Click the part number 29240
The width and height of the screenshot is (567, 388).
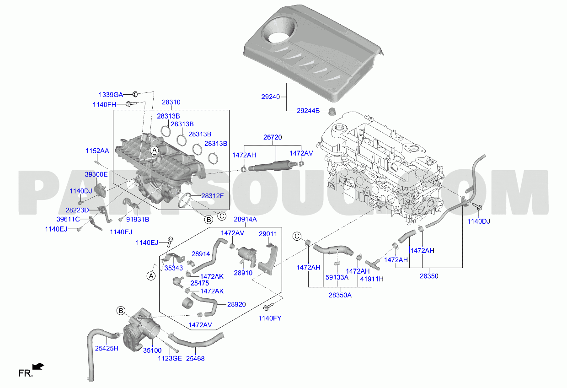coord(270,97)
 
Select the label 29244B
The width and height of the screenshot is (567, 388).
coord(308,111)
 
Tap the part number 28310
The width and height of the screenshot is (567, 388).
coord(171,102)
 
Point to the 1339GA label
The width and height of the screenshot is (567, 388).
coord(111,95)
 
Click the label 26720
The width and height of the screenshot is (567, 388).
coord(273,137)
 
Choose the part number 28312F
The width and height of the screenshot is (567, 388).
coord(212,196)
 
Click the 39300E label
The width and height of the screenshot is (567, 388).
coord(96,174)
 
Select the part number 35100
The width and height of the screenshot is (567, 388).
coord(152,350)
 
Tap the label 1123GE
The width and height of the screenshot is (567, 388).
coord(170,358)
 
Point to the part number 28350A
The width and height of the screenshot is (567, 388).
coord(340,295)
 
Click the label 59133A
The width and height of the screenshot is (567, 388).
coord(337,277)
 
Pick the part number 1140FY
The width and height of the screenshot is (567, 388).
coord(270,318)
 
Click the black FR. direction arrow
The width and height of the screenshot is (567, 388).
coord(38,366)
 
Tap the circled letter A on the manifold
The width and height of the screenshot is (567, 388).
coord(154,150)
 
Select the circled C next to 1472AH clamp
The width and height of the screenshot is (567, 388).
coord(297,236)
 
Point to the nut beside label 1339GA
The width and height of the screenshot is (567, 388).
coord(135,94)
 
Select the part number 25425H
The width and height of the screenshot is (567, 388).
coord(107,348)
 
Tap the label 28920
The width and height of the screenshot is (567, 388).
coord(236,304)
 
